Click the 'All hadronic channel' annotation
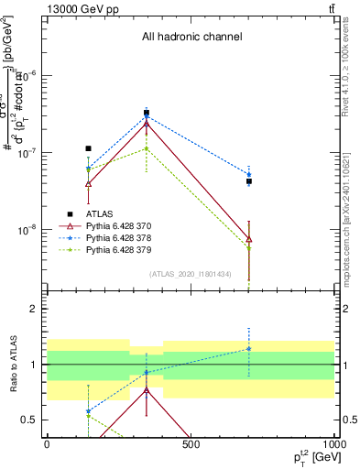191,38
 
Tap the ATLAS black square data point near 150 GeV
88,148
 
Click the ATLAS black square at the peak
147,114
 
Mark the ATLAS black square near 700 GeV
249,181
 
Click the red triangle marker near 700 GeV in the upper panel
249,239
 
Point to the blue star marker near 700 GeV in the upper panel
249,174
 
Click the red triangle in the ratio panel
147,389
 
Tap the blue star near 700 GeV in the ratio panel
249,348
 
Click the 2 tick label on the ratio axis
35,309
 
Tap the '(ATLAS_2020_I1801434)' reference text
191,274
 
